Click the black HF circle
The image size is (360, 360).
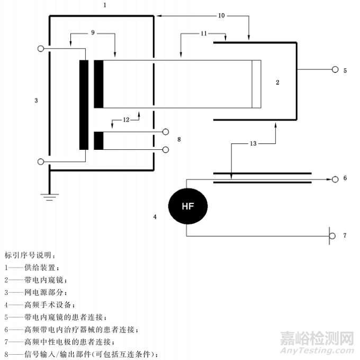(187, 206)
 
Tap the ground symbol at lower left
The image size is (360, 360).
(49, 197)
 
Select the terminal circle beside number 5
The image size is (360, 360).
(335, 69)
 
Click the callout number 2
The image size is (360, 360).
(277, 82)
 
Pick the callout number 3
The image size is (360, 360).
(36, 101)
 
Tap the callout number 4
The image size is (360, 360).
(155, 217)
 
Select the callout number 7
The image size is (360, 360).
(345, 236)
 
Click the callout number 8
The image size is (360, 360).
(179, 139)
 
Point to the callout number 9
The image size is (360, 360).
(93, 33)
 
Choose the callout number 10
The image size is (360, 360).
(221, 16)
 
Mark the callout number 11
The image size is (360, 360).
(203, 33)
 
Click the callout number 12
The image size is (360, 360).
(125, 120)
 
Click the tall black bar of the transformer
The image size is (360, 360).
(84, 105)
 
